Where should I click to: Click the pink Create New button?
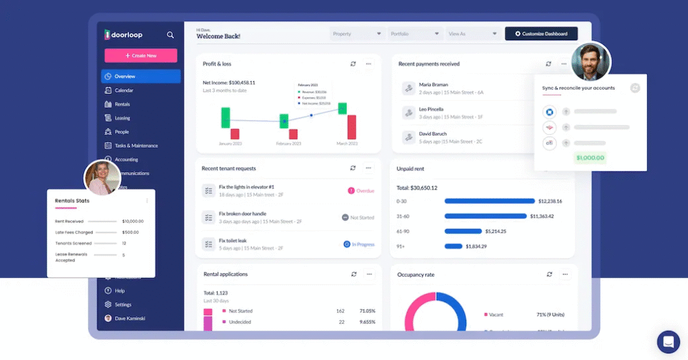pos(140,56)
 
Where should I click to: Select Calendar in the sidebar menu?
pos(124,90)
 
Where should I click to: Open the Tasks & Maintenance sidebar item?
pos(136,146)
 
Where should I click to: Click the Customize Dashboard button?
pos(541,34)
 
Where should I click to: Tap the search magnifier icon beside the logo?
pos(171,34)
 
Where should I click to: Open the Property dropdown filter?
pos(357,34)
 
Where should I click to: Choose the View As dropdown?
pos(474,34)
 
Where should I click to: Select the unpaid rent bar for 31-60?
pos(485,216)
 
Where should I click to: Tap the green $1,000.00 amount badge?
pos(590,159)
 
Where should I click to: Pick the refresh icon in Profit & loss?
pos(353,64)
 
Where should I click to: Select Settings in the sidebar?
pos(123,304)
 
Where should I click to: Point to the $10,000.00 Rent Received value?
pos(132,221)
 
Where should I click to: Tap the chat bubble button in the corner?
pos(668,342)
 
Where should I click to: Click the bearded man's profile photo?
pos(591,62)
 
